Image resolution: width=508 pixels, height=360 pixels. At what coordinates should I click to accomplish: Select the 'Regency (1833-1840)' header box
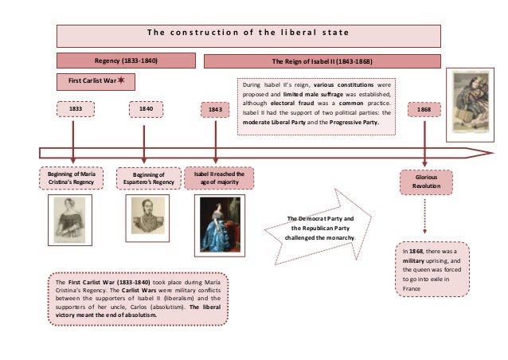click(x=126, y=61)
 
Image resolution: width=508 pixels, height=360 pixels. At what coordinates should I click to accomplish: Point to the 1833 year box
click(x=73, y=110)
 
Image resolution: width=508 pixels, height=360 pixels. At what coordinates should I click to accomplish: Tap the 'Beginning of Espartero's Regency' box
click(x=147, y=178)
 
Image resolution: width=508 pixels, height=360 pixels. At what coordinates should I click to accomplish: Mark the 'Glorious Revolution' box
click(x=425, y=182)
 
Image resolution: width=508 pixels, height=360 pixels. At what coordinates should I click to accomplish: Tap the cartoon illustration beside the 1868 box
click(x=471, y=100)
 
